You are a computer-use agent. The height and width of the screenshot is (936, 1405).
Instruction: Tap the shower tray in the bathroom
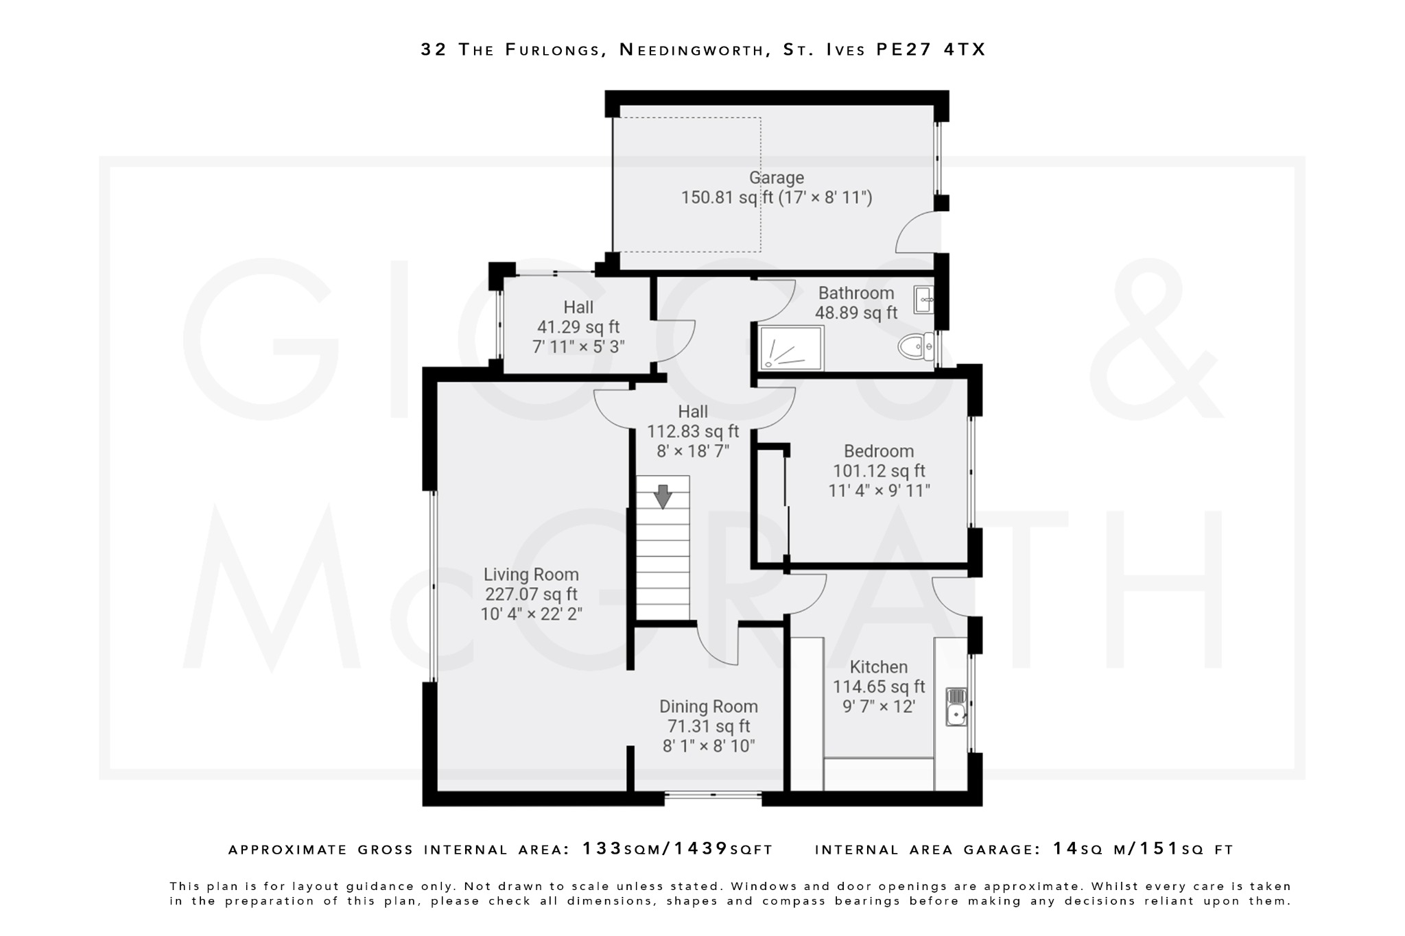791,348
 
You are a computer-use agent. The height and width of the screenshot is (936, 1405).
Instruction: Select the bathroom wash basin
923,300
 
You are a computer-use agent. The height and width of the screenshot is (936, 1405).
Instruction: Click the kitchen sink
956,707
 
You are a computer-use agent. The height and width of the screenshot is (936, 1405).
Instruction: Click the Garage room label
776,178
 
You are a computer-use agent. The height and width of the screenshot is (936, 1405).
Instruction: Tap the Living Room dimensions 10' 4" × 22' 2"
531,614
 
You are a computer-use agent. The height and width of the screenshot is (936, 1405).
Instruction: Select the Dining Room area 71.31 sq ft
709,726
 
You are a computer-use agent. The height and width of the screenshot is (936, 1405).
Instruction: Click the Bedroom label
878,451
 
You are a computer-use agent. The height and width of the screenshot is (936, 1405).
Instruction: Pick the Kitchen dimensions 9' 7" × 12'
878,706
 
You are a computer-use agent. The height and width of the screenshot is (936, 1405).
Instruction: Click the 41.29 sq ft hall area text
578,327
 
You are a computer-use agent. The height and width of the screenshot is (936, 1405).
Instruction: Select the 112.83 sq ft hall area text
693,431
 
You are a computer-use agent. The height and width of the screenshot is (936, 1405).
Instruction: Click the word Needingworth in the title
693,49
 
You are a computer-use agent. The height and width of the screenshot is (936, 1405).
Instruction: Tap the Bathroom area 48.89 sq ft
855,313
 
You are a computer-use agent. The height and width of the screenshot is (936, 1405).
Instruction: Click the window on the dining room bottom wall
713,795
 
